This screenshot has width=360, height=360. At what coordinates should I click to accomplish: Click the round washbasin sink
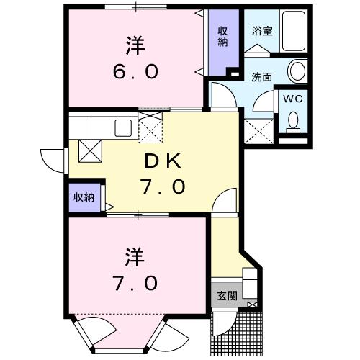[296, 71]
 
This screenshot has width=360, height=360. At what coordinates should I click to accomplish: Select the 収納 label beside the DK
[82, 197]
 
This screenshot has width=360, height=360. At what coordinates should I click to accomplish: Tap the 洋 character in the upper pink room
[135, 45]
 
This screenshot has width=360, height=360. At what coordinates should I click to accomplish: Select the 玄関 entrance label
[225, 295]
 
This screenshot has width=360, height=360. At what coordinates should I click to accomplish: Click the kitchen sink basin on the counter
[122, 127]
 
